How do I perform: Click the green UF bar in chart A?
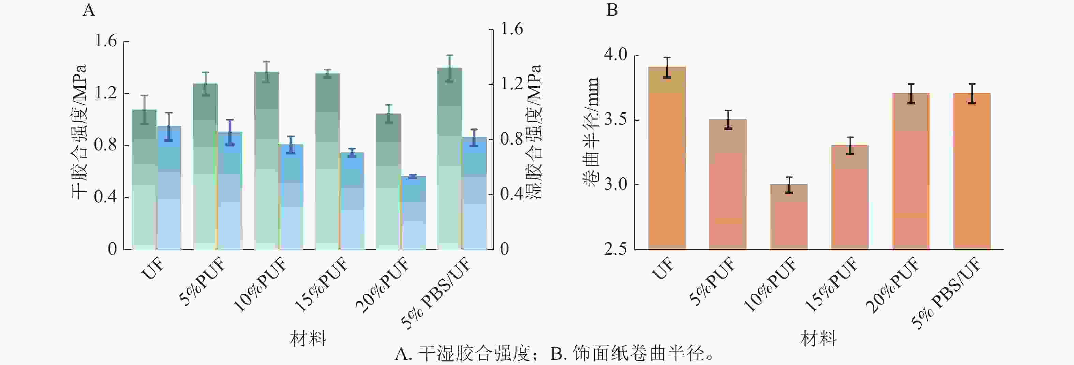click(x=144, y=179)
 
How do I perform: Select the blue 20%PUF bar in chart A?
click(x=413, y=213)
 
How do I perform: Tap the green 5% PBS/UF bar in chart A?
click(x=449, y=158)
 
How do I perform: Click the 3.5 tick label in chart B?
click(x=615, y=120)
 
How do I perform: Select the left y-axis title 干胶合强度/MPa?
click(x=79, y=132)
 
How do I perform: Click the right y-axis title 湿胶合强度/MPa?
click(x=535, y=132)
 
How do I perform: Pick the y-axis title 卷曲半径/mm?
click(x=591, y=132)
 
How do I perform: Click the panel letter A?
click(x=89, y=10)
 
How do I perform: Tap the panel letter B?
click(x=612, y=10)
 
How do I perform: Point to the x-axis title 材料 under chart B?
click(x=818, y=338)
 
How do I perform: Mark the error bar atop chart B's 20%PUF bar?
click(x=911, y=93)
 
